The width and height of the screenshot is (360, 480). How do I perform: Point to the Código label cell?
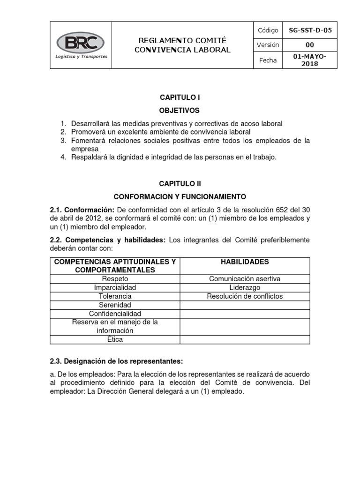(x=268, y=30)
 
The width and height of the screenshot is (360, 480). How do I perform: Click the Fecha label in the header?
(x=268, y=60)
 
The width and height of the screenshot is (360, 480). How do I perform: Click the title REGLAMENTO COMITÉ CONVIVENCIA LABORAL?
(x=182, y=46)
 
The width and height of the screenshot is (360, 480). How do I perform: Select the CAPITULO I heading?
(x=180, y=97)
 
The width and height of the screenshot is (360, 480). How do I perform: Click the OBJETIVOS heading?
(x=180, y=111)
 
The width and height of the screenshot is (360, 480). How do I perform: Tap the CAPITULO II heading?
(x=180, y=184)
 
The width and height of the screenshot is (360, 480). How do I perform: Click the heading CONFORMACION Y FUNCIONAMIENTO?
(x=180, y=196)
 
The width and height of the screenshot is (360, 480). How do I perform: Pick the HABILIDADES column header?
(x=245, y=262)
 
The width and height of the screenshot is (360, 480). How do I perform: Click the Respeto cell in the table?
(x=115, y=279)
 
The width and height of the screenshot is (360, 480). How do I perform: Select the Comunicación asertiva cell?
(x=245, y=279)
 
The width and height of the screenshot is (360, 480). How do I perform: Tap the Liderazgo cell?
(x=245, y=287)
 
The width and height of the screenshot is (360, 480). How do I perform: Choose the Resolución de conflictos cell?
(x=245, y=296)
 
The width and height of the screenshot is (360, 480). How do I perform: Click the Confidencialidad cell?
(x=115, y=314)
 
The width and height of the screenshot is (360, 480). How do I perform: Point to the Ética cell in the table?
(x=115, y=339)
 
